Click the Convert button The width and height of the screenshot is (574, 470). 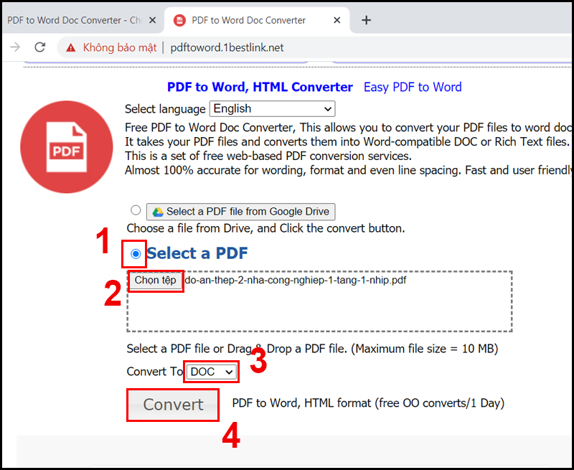pos(173,405)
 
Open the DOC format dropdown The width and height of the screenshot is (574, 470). pos(212,372)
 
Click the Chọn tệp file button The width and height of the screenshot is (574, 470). pos(155,281)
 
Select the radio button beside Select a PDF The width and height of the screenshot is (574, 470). pos(136,253)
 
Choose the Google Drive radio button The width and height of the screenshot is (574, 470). pos(136,210)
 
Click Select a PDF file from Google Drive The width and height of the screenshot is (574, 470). pos(240,212)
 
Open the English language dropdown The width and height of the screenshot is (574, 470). pos(272,109)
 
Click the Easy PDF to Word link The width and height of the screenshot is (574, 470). pos(413,88)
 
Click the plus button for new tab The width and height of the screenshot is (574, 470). pos(366,20)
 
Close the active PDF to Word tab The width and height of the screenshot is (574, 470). pos(337,20)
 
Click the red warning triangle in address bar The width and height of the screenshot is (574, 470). pos(70,47)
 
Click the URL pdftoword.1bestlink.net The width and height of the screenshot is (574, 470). pos(227,47)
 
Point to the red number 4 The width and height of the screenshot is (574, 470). pos(230,436)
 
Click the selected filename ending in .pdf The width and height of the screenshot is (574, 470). pos(296,281)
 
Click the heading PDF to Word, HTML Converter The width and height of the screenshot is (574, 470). pos(260,88)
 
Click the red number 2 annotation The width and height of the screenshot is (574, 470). pos(113,294)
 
